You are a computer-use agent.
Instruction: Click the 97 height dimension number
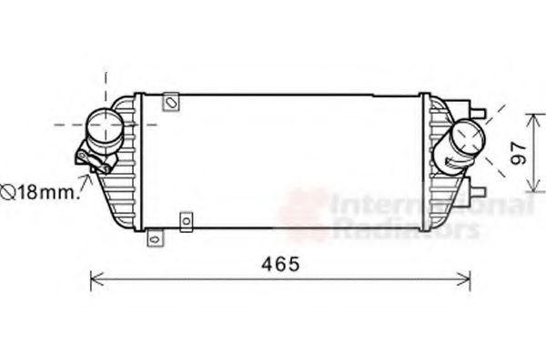point(518,153)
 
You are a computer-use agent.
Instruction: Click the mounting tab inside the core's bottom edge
point(187,220)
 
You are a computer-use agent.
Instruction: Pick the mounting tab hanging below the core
point(155,239)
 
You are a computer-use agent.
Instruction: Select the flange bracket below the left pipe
point(95,161)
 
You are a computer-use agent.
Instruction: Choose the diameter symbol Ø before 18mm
point(7,192)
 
